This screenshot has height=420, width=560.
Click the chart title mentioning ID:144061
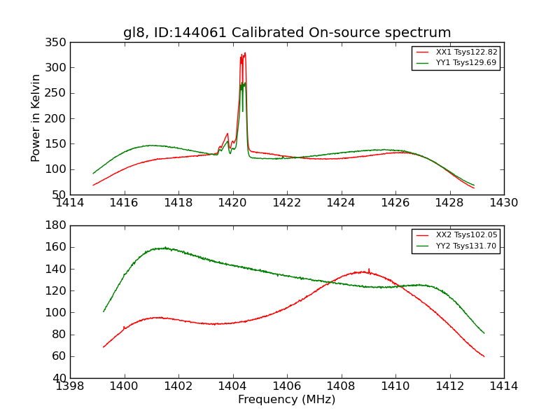[287, 33]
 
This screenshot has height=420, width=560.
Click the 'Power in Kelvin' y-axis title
[36, 118]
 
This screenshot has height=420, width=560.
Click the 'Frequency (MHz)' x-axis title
[287, 400]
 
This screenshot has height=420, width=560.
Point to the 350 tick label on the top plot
[57, 43]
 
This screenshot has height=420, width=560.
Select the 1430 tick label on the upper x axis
[503, 202]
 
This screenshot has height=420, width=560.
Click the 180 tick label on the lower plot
[57, 225]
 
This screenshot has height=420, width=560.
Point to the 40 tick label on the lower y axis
[59, 378]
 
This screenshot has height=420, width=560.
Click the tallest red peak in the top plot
[244, 53]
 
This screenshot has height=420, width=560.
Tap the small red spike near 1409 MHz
[369, 269]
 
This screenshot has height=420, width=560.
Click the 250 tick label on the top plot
[57, 93]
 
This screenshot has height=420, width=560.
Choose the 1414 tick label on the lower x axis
[503, 386]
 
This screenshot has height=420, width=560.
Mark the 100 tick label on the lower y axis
[57, 313]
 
